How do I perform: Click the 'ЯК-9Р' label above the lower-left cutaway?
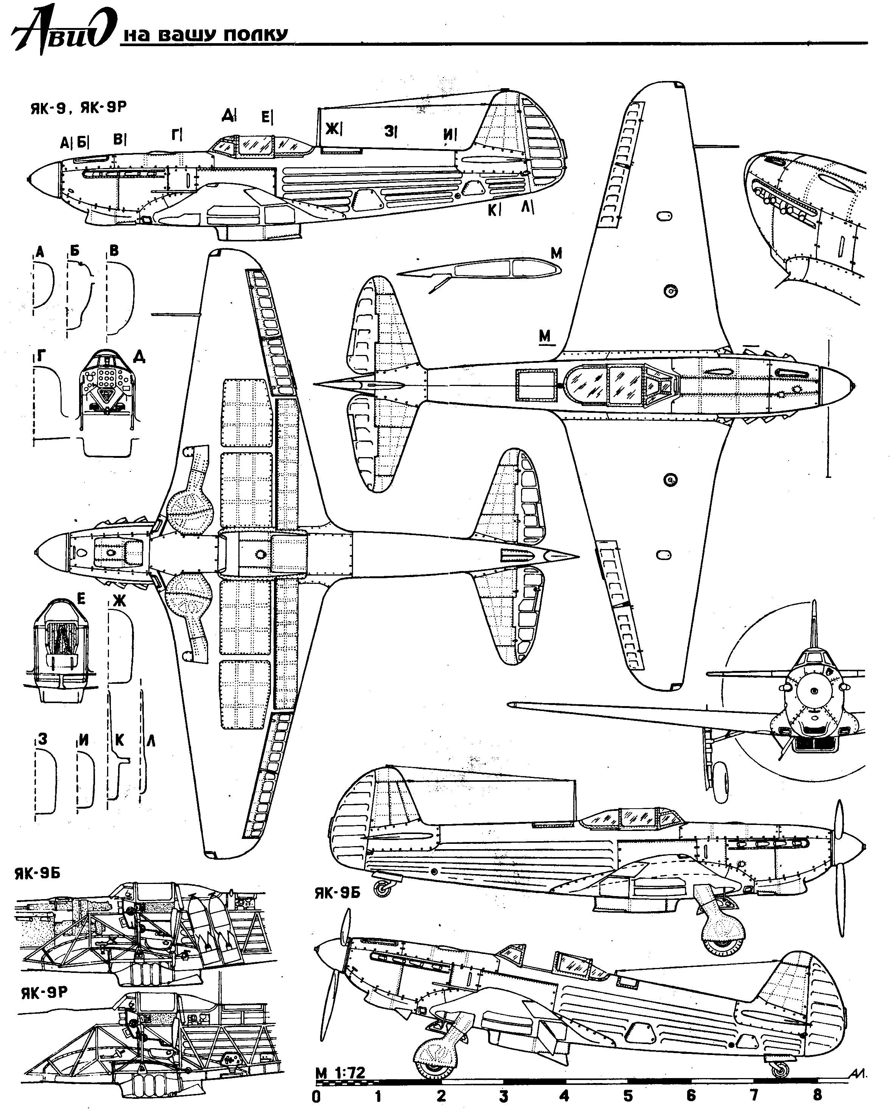pos(44,993)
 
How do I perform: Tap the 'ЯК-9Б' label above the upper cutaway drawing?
pos(37,874)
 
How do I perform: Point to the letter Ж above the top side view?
pos(332,128)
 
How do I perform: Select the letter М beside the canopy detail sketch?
pos(556,253)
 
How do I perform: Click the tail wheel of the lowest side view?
pos(779,1068)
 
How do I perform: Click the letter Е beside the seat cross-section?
pos(80,598)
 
